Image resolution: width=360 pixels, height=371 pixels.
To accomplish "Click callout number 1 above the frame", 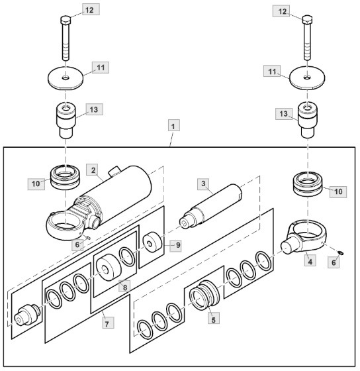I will tap(173, 125).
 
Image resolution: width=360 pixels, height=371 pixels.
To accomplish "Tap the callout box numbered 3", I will tap(204, 183).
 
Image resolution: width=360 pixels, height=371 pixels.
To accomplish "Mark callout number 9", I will tap(173, 245).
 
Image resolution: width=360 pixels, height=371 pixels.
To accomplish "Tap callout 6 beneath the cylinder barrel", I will tap(79, 244).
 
